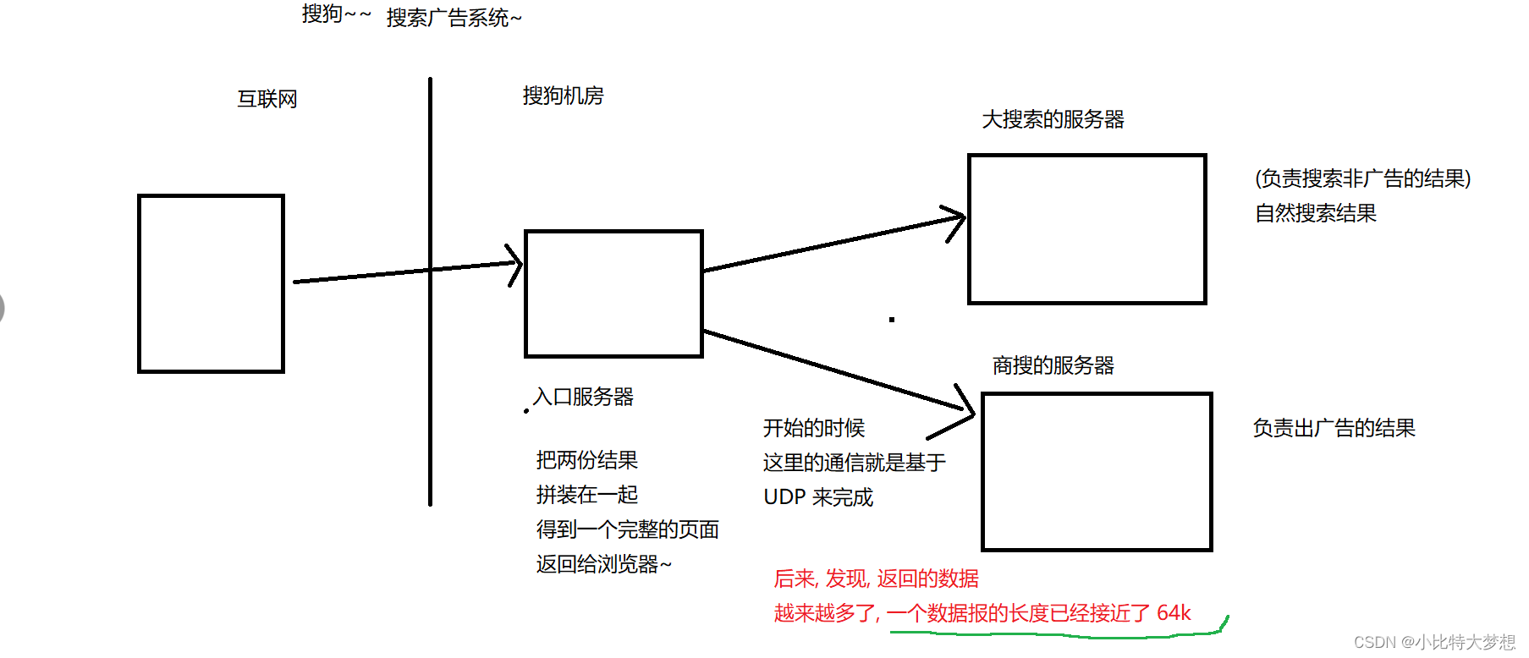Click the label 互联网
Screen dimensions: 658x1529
coord(267,99)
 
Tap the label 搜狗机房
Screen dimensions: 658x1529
coord(563,96)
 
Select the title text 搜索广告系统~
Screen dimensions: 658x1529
coord(454,18)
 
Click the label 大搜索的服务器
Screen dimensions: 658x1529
coord(1053,119)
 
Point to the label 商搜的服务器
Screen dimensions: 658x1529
coord(1053,365)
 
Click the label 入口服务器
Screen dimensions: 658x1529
coord(583,397)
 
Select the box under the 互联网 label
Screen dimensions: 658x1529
coord(211,283)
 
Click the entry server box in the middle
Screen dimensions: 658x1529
coord(613,293)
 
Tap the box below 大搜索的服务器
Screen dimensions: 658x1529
coord(1086,228)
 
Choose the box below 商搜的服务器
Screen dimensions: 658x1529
coord(1097,471)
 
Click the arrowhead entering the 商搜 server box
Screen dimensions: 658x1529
coord(965,411)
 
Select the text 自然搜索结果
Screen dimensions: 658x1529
coord(1315,213)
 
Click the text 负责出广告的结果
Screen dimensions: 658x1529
coord(1334,428)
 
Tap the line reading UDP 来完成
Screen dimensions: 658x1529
coord(818,497)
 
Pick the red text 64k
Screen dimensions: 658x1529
coord(1174,612)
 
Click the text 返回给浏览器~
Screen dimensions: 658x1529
coord(603,564)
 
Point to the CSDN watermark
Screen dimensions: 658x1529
coord(1434,642)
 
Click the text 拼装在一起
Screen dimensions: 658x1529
coord(586,495)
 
